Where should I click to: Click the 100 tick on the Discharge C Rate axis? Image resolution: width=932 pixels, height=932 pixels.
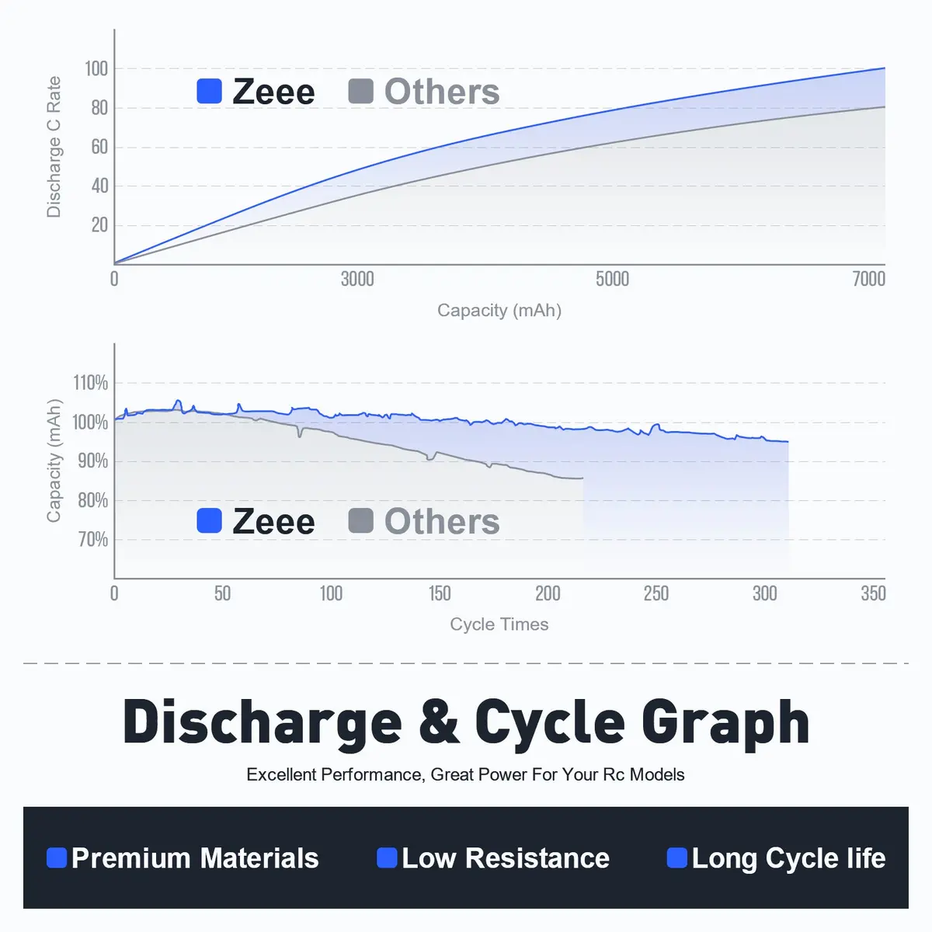(96, 68)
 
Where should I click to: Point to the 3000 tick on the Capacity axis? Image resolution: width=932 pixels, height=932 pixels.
(357, 279)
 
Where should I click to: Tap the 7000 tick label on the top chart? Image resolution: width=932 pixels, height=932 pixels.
(868, 279)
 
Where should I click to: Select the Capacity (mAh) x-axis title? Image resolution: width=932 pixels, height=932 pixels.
(499, 310)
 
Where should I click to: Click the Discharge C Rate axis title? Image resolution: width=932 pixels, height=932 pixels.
(54, 147)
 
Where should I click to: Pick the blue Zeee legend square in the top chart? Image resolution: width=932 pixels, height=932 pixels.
(210, 91)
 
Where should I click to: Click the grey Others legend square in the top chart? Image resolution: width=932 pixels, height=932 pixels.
(361, 91)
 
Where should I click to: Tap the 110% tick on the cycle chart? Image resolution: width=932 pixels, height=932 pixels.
(90, 383)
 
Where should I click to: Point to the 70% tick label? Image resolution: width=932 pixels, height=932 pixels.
(93, 539)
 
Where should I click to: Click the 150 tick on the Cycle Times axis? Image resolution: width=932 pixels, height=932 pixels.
(440, 593)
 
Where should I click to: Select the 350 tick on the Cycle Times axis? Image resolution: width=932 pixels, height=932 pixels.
(873, 593)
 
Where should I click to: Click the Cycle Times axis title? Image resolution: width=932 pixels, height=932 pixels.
(499, 624)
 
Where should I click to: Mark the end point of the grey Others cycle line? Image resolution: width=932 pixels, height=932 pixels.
(582, 478)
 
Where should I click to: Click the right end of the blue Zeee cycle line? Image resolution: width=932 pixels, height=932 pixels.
(788, 442)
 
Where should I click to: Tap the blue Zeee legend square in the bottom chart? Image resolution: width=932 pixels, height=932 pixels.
(210, 520)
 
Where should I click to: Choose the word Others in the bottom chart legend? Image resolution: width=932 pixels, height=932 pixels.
(442, 521)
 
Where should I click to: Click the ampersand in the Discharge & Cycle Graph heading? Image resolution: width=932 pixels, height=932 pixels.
(439, 722)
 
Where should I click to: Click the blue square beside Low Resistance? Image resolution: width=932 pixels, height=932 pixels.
(387, 858)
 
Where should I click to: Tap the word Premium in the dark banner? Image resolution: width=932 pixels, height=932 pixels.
(131, 858)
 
